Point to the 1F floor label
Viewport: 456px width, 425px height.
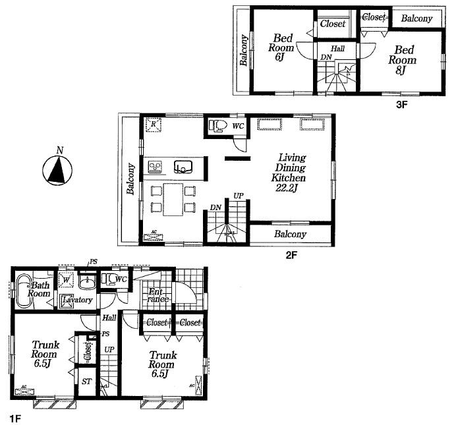click(x=14, y=418)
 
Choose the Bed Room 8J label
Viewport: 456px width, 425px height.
click(x=404, y=58)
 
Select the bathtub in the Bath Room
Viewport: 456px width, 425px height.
click(x=22, y=291)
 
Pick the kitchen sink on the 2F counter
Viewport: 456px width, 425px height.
click(x=182, y=167)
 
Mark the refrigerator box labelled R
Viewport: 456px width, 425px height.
click(x=153, y=124)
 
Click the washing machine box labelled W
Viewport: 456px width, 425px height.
click(x=67, y=280)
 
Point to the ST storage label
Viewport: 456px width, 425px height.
click(x=86, y=381)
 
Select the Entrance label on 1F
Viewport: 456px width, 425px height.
click(x=158, y=296)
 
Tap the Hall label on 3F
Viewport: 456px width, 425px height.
click(x=337, y=49)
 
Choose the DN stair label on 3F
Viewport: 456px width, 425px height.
click(x=325, y=58)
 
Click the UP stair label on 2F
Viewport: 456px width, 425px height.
click(x=236, y=196)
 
